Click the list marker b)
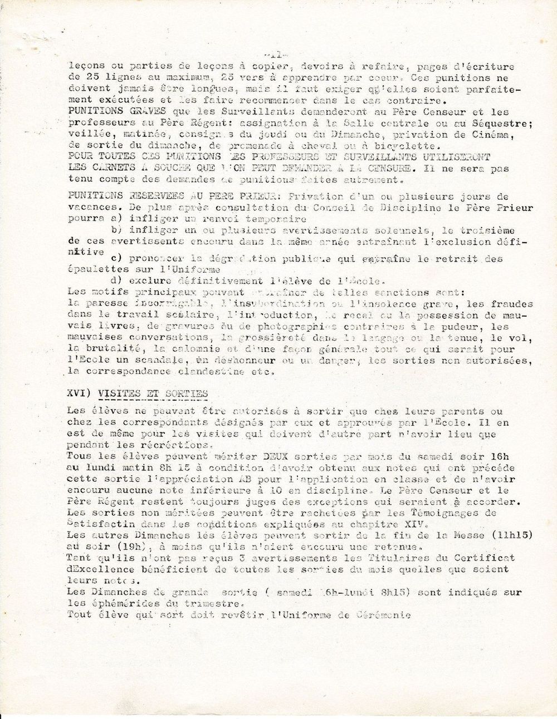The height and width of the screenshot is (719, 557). pos(116,230)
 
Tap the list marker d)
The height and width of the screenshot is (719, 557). pos(116,280)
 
